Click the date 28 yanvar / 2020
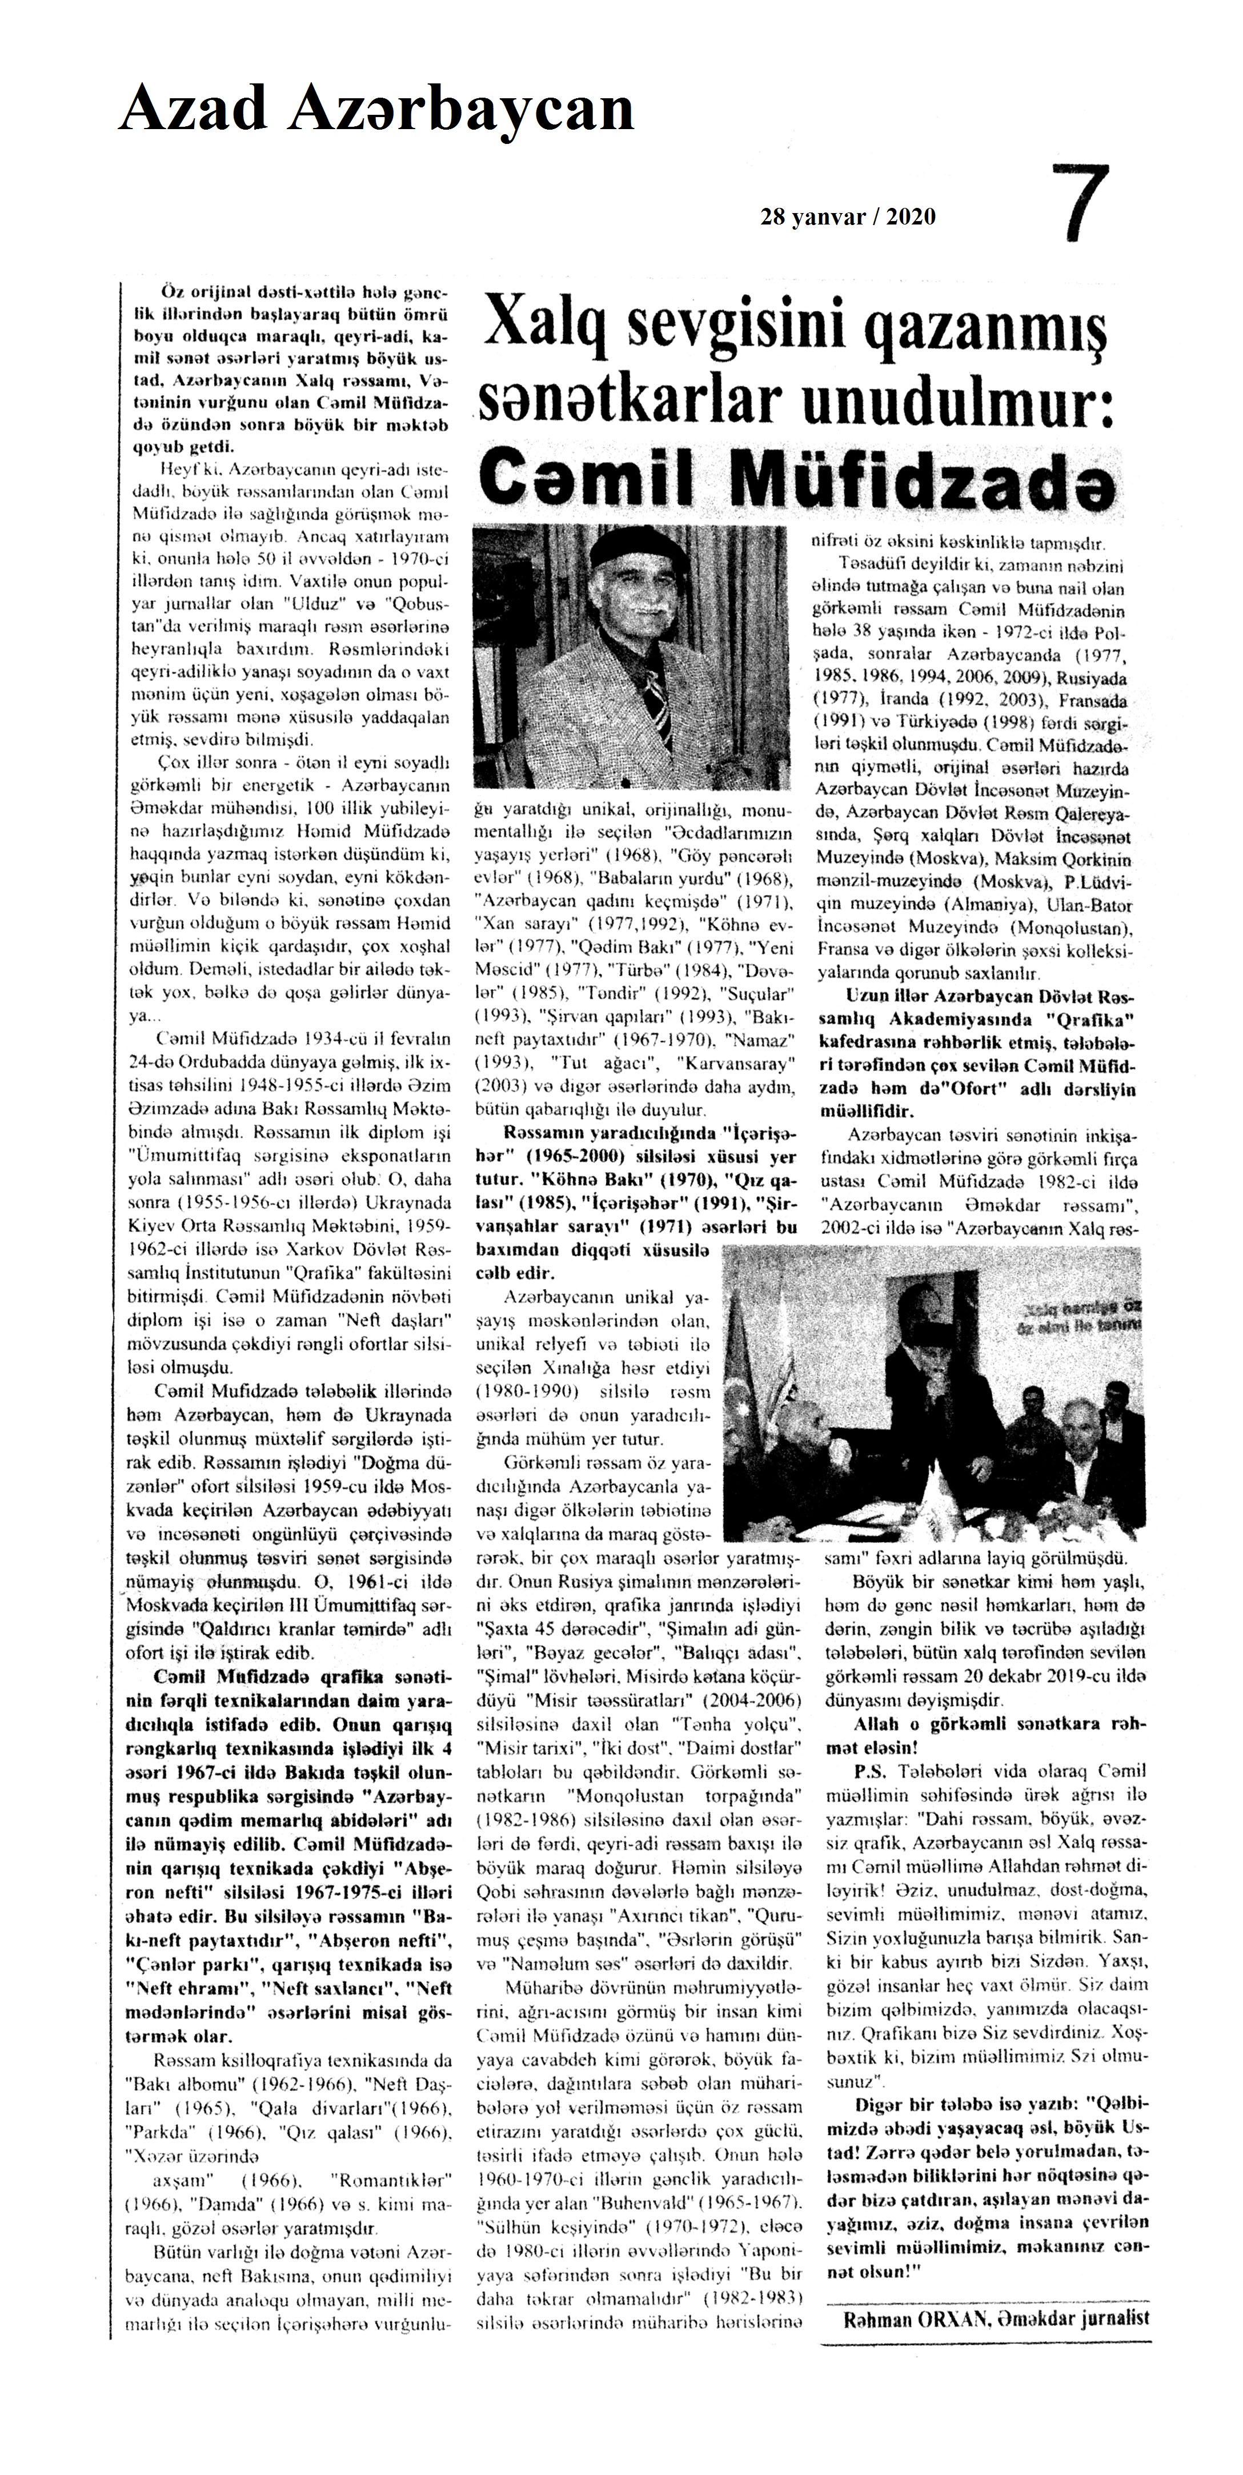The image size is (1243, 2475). (847, 217)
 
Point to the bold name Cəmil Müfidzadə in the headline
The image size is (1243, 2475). (797, 476)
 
